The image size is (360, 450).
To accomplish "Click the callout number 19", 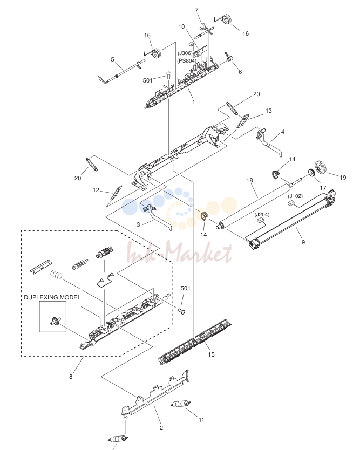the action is point(343,178).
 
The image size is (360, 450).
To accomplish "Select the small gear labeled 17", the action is point(311,173).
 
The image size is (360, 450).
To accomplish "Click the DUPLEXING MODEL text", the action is point(52,297).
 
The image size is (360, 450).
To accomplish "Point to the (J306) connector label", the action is point(185,53).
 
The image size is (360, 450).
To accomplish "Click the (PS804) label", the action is point(187,60).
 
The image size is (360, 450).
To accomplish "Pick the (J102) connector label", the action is point(295,196).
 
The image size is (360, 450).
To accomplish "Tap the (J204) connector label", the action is point(262,214).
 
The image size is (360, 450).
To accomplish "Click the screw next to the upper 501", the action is point(168,76).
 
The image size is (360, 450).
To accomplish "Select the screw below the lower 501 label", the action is point(181,311).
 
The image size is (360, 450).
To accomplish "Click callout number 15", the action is point(211,354).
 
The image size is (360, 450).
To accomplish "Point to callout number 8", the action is point(71,377).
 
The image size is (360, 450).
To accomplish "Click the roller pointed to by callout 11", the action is point(180,404).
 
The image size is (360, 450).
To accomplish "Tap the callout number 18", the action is point(249,180).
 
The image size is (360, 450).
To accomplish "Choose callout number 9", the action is point(303,242).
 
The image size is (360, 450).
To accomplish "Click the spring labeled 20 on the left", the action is point(92,165).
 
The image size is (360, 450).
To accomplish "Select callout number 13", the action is point(268,111).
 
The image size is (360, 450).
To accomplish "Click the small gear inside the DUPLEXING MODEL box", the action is point(55,322).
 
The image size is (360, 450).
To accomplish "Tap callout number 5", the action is point(113,59).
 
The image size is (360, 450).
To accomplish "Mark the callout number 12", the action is point(96,190).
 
